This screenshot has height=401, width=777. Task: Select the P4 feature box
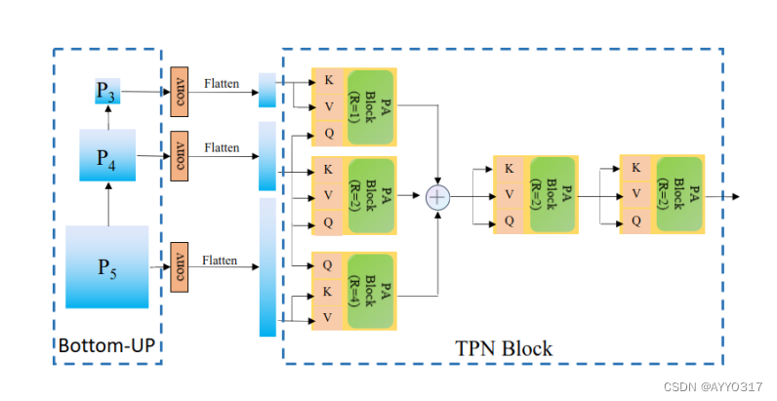(x=107, y=156)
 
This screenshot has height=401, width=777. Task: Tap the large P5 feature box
(x=106, y=266)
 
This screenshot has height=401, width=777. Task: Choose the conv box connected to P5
(x=179, y=266)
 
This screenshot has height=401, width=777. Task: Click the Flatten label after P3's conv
(x=221, y=84)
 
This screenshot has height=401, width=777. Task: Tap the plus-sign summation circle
(x=437, y=197)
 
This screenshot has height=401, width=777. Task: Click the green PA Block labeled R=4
(x=371, y=291)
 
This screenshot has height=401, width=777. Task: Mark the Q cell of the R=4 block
(x=327, y=263)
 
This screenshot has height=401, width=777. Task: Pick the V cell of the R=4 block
(x=327, y=317)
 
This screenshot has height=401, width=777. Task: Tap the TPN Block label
(x=504, y=348)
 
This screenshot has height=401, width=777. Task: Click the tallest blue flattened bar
(x=266, y=266)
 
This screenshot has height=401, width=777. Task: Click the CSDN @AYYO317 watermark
(x=713, y=386)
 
